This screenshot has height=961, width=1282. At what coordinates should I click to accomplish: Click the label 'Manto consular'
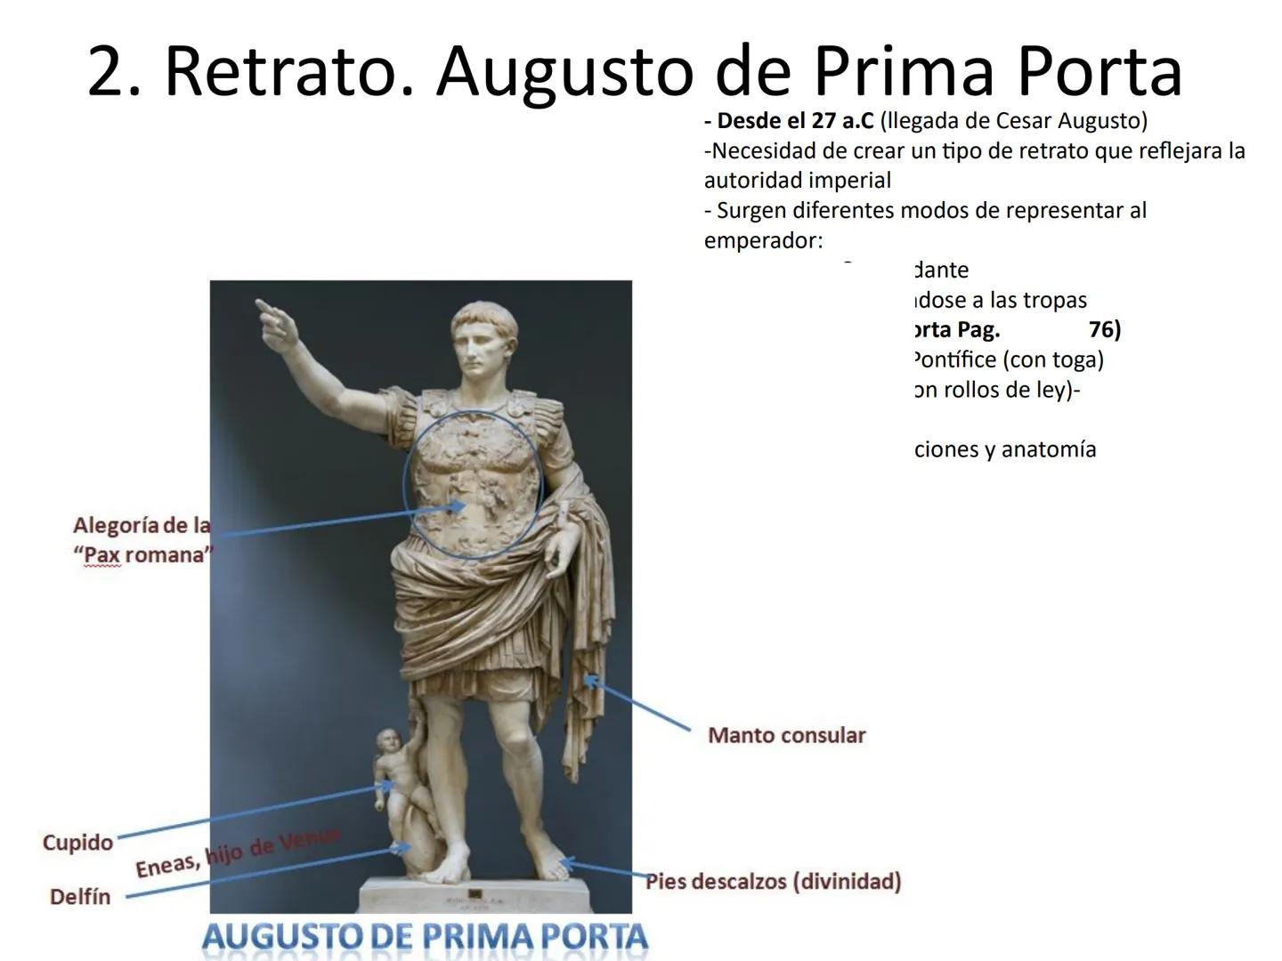786,735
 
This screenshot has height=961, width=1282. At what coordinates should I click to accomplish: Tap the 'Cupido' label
77,842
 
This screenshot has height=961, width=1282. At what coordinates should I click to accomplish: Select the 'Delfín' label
80,896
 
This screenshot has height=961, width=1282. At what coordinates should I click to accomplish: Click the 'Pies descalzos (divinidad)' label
773,881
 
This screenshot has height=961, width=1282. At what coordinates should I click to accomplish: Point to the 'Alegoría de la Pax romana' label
142,540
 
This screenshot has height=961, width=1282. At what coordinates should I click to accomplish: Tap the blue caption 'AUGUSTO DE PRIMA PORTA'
425,936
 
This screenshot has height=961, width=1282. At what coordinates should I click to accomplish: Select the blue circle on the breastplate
472,485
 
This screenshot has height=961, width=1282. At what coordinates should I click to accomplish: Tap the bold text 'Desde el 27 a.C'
788,120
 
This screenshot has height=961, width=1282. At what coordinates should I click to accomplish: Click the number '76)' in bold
1104,330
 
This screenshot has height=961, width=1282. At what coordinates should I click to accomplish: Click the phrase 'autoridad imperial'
797,181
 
